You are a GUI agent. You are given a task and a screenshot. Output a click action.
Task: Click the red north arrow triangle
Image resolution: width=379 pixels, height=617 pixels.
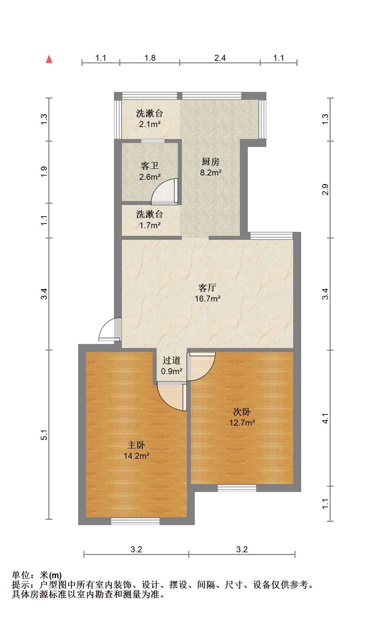(x=49, y=59)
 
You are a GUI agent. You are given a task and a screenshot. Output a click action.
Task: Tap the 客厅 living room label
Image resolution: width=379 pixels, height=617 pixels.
(x=207, y=287)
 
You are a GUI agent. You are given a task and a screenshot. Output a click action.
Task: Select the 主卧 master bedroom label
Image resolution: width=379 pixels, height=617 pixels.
(x=136, y=445)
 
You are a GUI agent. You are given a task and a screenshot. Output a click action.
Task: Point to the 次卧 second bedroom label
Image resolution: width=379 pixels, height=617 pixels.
(x=242, y=412)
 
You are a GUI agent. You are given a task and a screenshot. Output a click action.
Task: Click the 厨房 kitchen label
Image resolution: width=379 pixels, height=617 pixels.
(x=211, y=162)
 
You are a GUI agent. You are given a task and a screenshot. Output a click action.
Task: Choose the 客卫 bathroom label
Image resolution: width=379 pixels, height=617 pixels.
(x=150, y=166)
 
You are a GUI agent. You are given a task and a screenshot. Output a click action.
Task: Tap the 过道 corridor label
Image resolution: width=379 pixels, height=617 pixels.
(x=172, y=360)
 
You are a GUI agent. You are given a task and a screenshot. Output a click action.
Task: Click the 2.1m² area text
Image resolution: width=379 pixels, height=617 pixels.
(x=150, y=125)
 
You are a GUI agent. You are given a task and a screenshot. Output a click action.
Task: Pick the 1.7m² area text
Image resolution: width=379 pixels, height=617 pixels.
(x=150, y=226)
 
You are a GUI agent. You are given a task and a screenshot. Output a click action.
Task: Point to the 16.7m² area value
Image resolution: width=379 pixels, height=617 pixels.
(x=207, y=299)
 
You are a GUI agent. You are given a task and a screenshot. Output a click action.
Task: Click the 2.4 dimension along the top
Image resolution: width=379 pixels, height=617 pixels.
(x=220, y=58)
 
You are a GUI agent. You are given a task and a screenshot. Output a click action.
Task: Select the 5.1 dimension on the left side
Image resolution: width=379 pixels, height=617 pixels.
(x=44, y=435)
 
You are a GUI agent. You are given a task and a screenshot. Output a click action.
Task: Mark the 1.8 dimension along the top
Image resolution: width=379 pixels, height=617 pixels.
(x=150, y=58)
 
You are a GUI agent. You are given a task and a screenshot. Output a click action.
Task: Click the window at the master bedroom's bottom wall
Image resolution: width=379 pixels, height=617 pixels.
(x=135, y=521)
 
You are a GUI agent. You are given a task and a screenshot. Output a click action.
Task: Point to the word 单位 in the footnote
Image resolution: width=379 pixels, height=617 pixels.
(x=21, y=575)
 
